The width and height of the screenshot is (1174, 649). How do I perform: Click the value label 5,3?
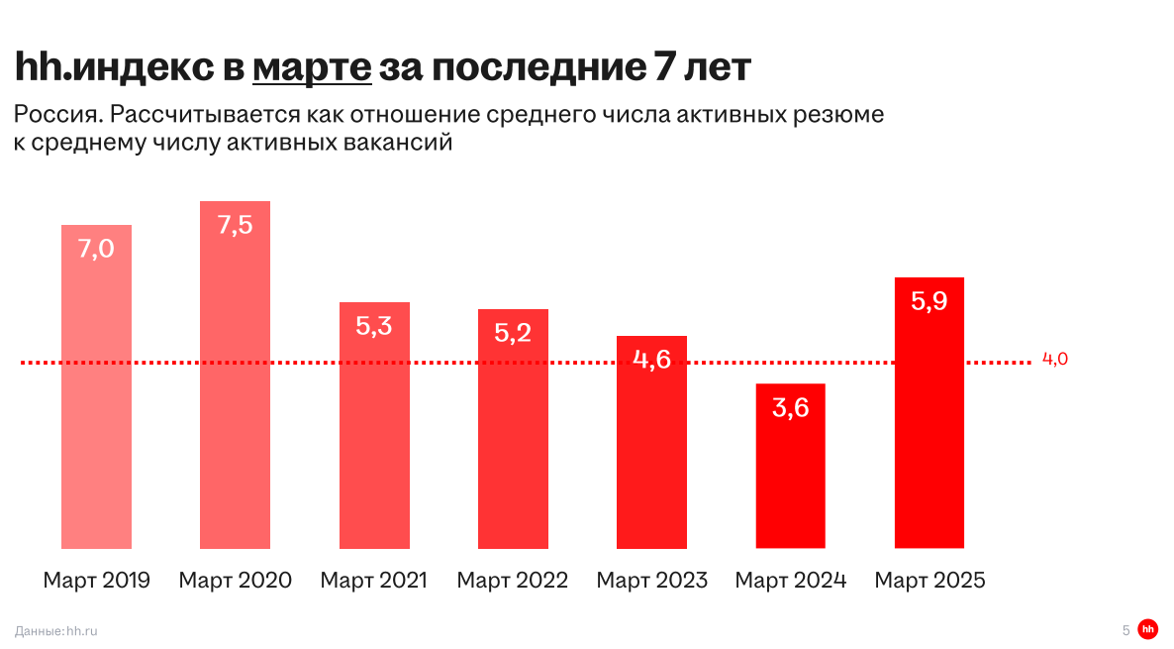click(x=374, y=325)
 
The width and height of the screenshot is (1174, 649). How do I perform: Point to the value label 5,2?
click(x=513, y=332)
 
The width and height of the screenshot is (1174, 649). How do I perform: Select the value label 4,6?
click(x=651, y=359)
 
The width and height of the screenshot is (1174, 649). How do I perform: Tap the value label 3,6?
click(x=790, y=406)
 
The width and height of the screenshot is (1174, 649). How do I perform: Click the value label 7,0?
click(x=96, y=249)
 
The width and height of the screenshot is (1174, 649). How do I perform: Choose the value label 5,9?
click(x=929, y=301)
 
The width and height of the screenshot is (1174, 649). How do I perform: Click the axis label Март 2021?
click(x=373, y=581)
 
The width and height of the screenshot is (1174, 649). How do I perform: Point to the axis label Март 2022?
click(x=512, y=581)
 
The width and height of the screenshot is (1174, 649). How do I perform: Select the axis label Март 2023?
click(x=651, y=581)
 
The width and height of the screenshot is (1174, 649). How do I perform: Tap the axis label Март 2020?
click(x=235, y=581)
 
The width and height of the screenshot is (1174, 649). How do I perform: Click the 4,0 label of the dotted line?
click(x=1055, y=360)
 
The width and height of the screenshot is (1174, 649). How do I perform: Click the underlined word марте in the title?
click(x=312, y=68)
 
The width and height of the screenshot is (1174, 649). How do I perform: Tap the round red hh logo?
click(x=1147, y=629)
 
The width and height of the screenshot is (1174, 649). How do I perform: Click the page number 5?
click(x=1125, y=630)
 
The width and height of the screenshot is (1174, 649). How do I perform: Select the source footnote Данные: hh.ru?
click(x=56, y=630)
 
